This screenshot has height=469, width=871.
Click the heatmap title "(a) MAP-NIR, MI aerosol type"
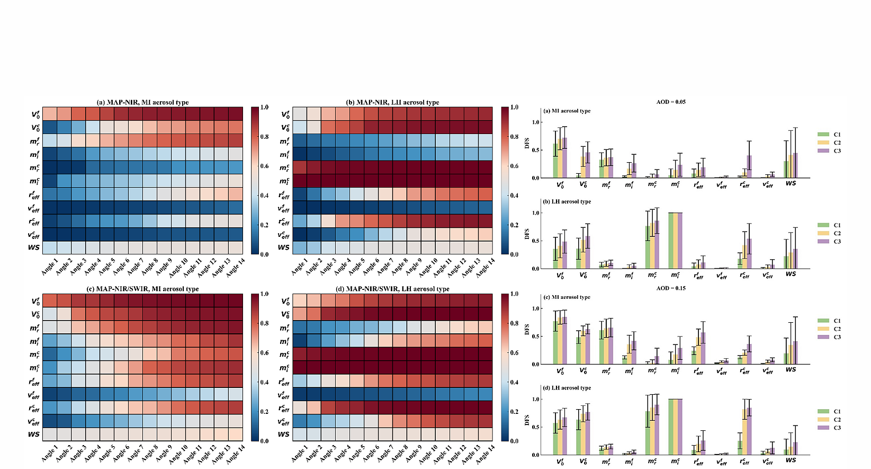coord(142,102)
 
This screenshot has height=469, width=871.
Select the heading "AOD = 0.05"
coord(671,102)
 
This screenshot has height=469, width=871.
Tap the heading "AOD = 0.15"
coord(671,288)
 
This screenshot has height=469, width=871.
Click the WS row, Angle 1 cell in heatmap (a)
coord(49,247)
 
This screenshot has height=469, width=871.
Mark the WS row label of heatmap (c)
coord(34,434)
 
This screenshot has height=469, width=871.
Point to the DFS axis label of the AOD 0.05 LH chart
coord(527,234)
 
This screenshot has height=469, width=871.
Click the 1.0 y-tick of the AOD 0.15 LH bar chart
coord(536,400)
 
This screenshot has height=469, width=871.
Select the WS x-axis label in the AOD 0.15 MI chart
coord(791,370)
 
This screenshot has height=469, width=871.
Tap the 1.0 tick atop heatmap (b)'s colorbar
coord(514,107)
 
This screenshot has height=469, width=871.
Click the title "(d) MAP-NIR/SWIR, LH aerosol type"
coord(392,289)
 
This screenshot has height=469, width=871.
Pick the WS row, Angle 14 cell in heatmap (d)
coord(486,434)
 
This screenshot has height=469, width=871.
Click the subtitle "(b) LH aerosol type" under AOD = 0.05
coord(567,201)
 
